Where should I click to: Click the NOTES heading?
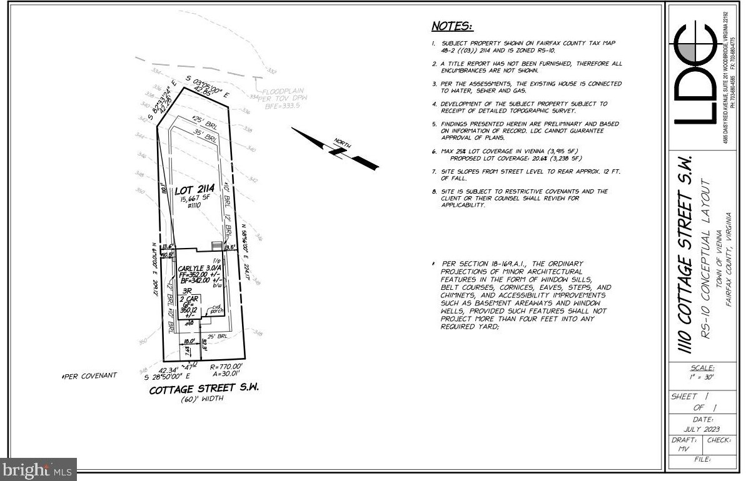click(452, 26)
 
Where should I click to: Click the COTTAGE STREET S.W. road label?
click(204, 389)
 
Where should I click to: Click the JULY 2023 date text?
click(699, 429)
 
